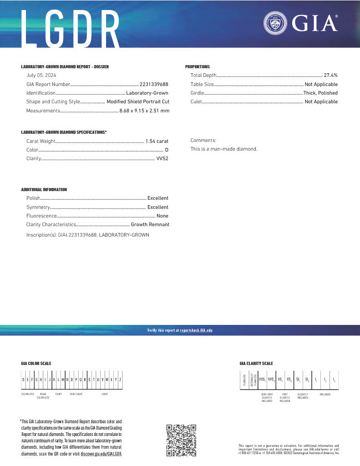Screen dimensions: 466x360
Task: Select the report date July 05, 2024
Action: (41, 76)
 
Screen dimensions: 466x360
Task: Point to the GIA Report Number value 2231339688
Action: (154, 84)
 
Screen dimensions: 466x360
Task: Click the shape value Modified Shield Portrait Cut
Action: (138, 102)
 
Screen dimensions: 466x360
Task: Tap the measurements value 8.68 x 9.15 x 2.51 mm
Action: (144, 111)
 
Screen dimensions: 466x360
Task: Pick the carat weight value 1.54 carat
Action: (157, 141)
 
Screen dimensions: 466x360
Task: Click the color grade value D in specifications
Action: (167, 150)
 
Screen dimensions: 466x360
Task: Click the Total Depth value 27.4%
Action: (330, 76)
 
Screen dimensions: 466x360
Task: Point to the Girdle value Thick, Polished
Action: (321, 93)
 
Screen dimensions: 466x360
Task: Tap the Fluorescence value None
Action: (162, 216)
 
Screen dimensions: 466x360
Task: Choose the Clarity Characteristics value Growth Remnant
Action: (150, 224)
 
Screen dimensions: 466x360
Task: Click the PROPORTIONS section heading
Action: (198, 67)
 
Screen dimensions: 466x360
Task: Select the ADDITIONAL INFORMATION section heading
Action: (44, 190)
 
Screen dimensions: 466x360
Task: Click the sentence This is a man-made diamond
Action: (224, 149)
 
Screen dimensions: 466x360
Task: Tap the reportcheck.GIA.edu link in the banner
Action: (196, 330)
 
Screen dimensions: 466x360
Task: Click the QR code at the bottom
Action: (181, 440)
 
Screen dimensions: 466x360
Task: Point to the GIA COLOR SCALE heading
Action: (36, 364)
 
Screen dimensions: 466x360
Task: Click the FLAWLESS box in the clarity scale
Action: (244, 380)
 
